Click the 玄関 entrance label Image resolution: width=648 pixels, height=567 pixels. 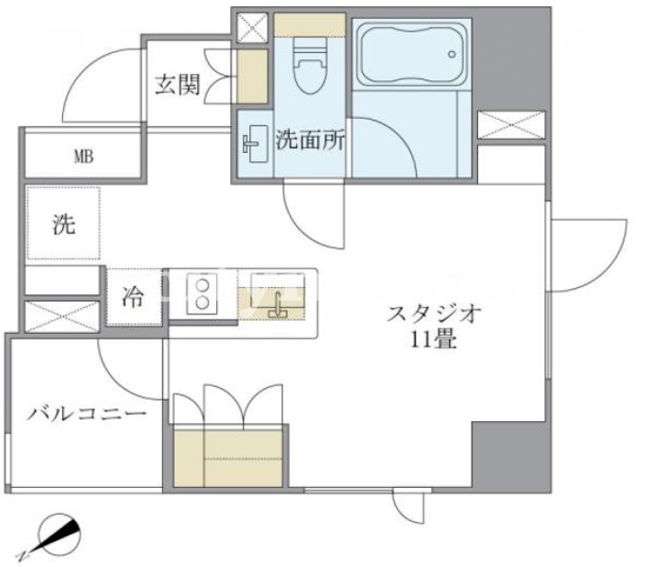tap(177, 85)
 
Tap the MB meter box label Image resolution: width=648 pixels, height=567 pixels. tap(84, 157)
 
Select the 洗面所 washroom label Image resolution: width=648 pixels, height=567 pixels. tap(310, 139)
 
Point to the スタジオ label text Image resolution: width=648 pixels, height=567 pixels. tap(434, 314)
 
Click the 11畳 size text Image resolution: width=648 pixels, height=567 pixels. tap(434, 340)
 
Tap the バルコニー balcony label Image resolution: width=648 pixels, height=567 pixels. tap(86, 413)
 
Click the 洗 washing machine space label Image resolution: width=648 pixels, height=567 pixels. tap(64, 225)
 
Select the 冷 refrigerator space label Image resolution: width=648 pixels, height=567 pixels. tap(132, 297)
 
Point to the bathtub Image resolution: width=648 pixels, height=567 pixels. tap(411, 54)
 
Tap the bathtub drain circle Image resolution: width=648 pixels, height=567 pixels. tap(452, 54)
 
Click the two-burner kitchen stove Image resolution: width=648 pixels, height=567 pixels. tap(202, 293)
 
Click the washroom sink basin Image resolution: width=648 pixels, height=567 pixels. tap(255, 143)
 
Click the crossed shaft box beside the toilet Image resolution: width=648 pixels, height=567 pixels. tap(253, 28)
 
